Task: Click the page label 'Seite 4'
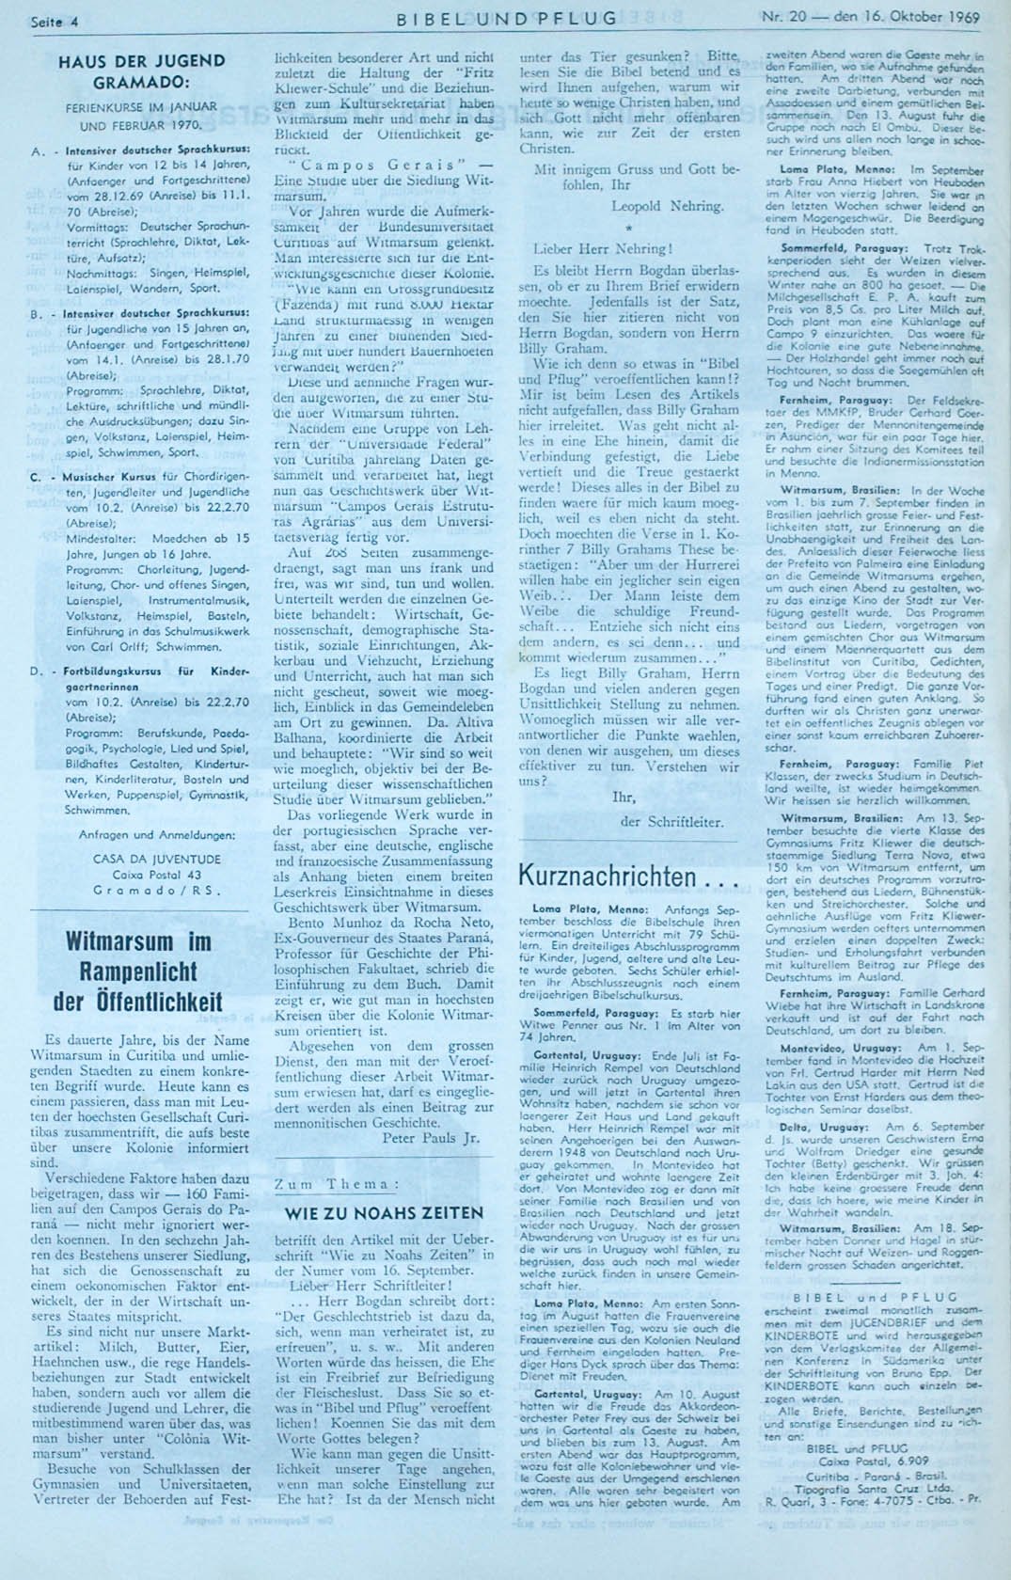[54, 20]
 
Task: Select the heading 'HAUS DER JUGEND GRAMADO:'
[142, 71]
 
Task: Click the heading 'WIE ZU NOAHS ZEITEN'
[384, 1212]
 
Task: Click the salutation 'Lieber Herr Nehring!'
[603, 249]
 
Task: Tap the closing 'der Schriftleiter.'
[672, 821]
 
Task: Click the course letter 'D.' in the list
[37, 672]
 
